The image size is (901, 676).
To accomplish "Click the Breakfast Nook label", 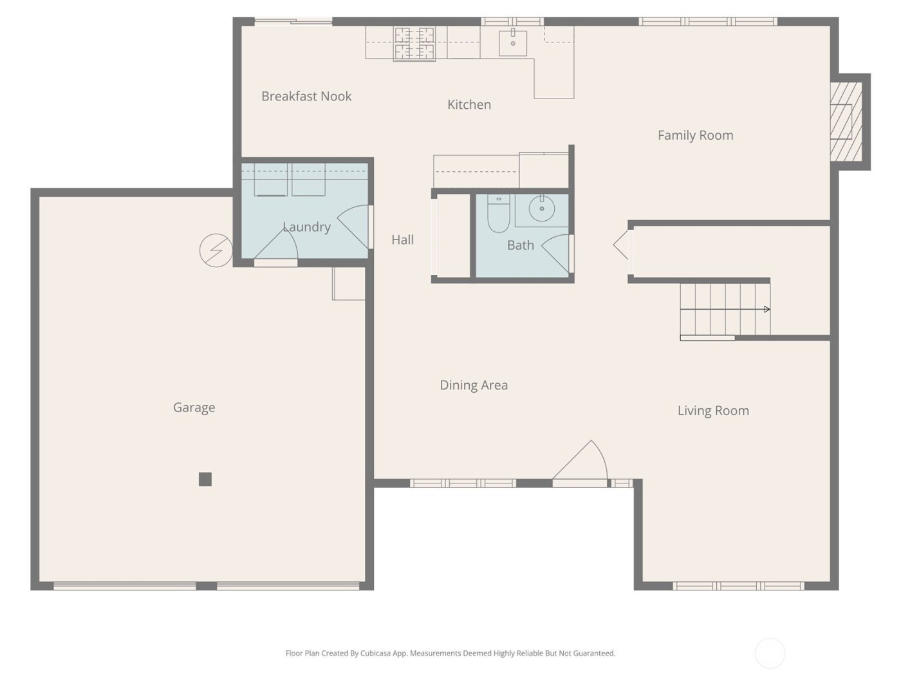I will (x=306, y=97).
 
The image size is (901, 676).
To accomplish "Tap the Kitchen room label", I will (x=469, y=104).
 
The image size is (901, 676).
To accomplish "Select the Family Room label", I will (x=695, y=135).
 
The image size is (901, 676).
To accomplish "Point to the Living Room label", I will (x=713, y=411).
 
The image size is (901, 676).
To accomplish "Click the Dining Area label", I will (x=474, y=385).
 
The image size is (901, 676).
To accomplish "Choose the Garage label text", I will (x=194, y=408).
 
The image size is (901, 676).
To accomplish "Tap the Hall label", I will (x=402, y=239).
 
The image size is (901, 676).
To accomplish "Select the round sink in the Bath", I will (x=541, y=209).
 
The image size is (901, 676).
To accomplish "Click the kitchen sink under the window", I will (x=513, y=42).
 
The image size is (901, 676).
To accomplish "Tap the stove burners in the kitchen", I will (x=414, y=43).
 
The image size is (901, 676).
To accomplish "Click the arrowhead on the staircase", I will (x=766, y=310).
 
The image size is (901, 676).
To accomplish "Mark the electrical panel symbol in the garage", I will (x=216, y=250).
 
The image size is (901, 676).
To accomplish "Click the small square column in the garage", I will (x=205, y=479).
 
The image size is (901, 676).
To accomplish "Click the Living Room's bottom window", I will (x=738, y=586).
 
